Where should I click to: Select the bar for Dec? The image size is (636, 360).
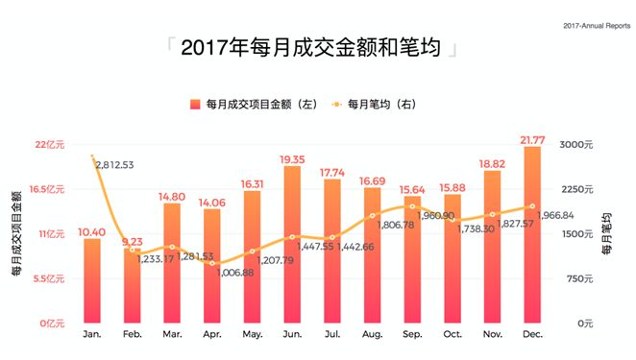click(x=531, y=235)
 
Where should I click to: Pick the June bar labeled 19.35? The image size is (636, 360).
click(x=292, y=245)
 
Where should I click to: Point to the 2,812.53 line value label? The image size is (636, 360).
click(x=114, y=165)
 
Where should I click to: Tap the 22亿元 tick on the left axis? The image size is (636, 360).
click(x=48, y=145)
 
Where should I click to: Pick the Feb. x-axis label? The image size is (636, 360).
click(x=133, y=333)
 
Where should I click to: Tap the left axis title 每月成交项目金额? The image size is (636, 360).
click(x=16, y=234)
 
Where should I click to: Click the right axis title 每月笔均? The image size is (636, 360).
click(x=606, y=234)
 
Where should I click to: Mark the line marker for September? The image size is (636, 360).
click(x=412, y=206)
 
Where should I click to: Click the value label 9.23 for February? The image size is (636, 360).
click(x=132, y=243)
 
